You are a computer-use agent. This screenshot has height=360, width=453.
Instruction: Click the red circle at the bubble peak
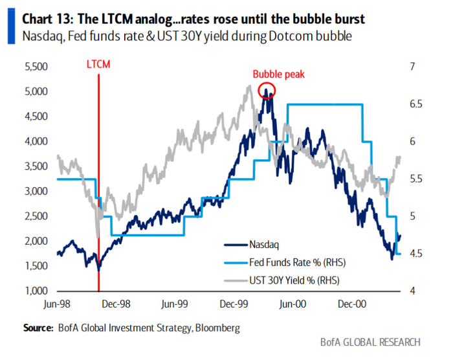(x=266, y=91)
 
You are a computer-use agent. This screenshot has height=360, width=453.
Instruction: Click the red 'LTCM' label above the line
(x=99, y=64)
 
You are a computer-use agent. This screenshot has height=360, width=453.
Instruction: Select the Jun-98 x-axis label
(x=58, y=303)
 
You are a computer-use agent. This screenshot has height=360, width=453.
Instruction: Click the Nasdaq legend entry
(x=265, y=245)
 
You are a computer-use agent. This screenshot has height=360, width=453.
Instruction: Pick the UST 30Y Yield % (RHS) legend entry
(x=295, y=280)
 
